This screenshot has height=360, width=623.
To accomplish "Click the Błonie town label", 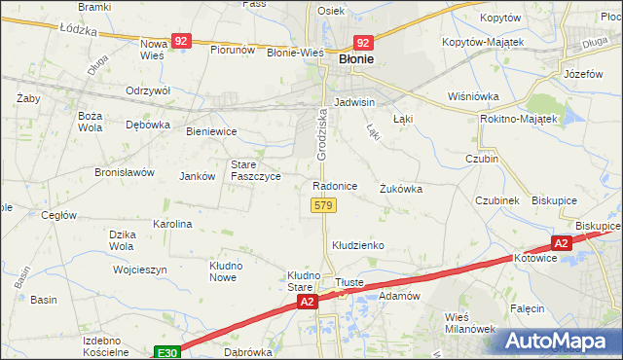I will pyautogui.click(x=357, y=59).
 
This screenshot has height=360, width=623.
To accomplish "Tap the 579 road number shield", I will pyautogui.click(x=324, y=205).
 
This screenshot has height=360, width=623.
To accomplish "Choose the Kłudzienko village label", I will pyautogui.click(x=358, y=246).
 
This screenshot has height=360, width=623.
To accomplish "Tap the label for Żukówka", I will pyautogui.click(x=401, y=190).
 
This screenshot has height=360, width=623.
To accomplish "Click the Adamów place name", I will pyautogui.click(x=398, y=295).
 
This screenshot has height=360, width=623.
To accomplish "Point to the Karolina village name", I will pyautogui.click(x=172, y=224).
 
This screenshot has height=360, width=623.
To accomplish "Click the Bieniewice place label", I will pyautogui.click(x=211, y=130).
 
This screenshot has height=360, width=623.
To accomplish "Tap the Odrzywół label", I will pyautogui.click(x=148, y=90).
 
